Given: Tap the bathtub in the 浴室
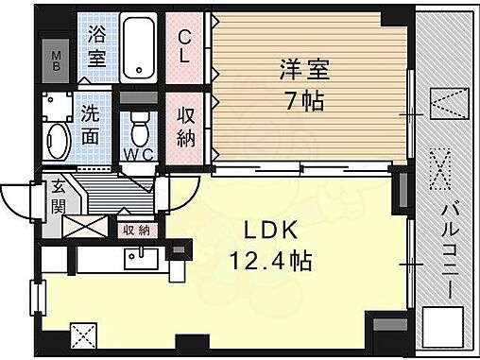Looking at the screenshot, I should tap(141, 47).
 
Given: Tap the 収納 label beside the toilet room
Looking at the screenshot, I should tap(186, 126).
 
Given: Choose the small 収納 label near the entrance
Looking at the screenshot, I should tap(135, 229).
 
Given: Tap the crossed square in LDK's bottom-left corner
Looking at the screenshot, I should tap(83, 334).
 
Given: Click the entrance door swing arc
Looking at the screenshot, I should tap(19, 198).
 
